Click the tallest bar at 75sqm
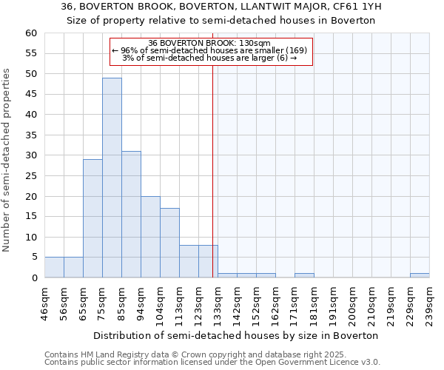point(112,178)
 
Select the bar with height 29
point(92,218)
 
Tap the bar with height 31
point(131,215)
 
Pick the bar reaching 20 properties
point(150,237)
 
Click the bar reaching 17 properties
point(169,243)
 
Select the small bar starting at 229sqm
point(420,275)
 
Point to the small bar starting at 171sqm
point(304,275)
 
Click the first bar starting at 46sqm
point(54,267)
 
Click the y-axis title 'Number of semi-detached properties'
point(7,160)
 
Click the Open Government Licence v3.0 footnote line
point(212,362)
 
